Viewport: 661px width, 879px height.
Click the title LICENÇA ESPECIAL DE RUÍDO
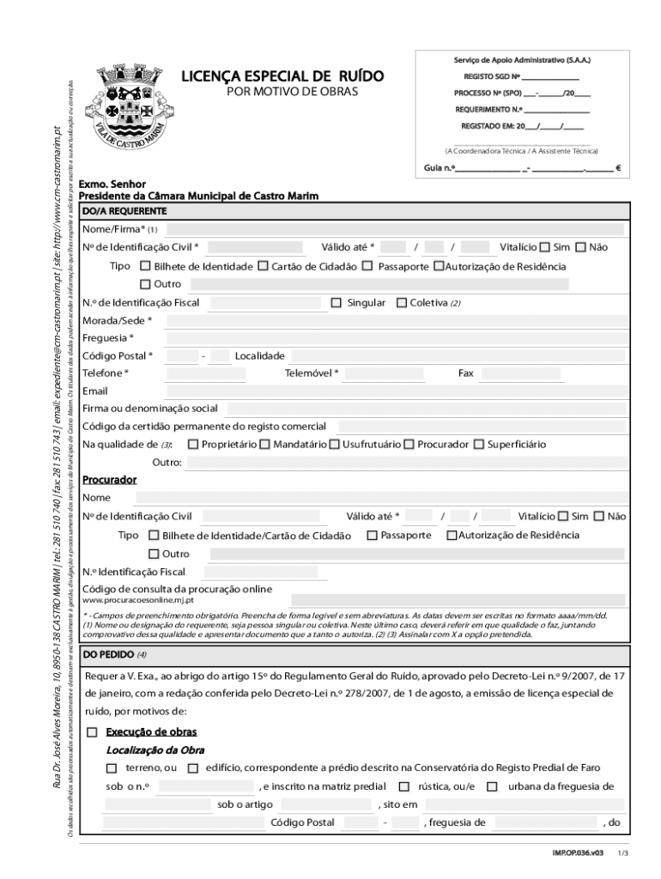(x=282, y=77)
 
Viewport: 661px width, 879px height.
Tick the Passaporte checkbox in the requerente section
(x=367, y=266)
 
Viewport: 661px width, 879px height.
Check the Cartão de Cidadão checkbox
(x=263, y=266)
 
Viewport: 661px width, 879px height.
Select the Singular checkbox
(x=337, y=302)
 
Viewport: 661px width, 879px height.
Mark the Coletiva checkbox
(x=401, y=302)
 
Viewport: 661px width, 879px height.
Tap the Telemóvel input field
(x=391, y=373)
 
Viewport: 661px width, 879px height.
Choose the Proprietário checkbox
(x=193, y=444)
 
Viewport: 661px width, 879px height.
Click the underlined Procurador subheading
(x=109, y=480)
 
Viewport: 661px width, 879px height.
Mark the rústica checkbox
(x=404, y=786)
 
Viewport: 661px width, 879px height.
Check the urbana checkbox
(x=492, y=786)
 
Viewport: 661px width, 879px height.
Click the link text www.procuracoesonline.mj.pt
(x=138, y=600)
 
